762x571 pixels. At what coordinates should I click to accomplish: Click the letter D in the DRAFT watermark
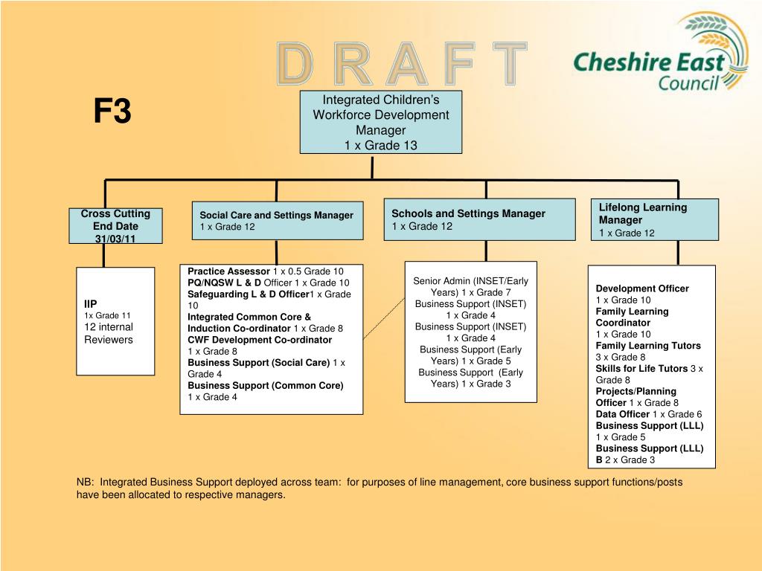295,64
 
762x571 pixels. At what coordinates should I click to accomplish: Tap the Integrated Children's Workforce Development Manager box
380,122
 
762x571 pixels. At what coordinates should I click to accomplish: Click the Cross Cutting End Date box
115,225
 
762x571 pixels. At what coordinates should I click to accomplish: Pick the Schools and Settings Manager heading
468,213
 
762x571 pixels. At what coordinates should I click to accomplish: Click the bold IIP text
90,303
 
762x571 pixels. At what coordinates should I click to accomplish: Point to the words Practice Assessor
228,271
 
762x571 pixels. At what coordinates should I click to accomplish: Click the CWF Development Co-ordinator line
260,340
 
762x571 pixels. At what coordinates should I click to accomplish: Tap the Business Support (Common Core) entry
266,386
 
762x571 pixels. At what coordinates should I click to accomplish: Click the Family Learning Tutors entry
647,346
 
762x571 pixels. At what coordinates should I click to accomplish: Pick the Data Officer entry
622,414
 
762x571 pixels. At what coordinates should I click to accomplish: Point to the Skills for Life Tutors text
641,369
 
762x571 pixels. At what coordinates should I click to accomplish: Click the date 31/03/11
115,238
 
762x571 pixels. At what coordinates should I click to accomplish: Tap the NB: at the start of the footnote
86,482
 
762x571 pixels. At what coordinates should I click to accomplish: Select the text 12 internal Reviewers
108,333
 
